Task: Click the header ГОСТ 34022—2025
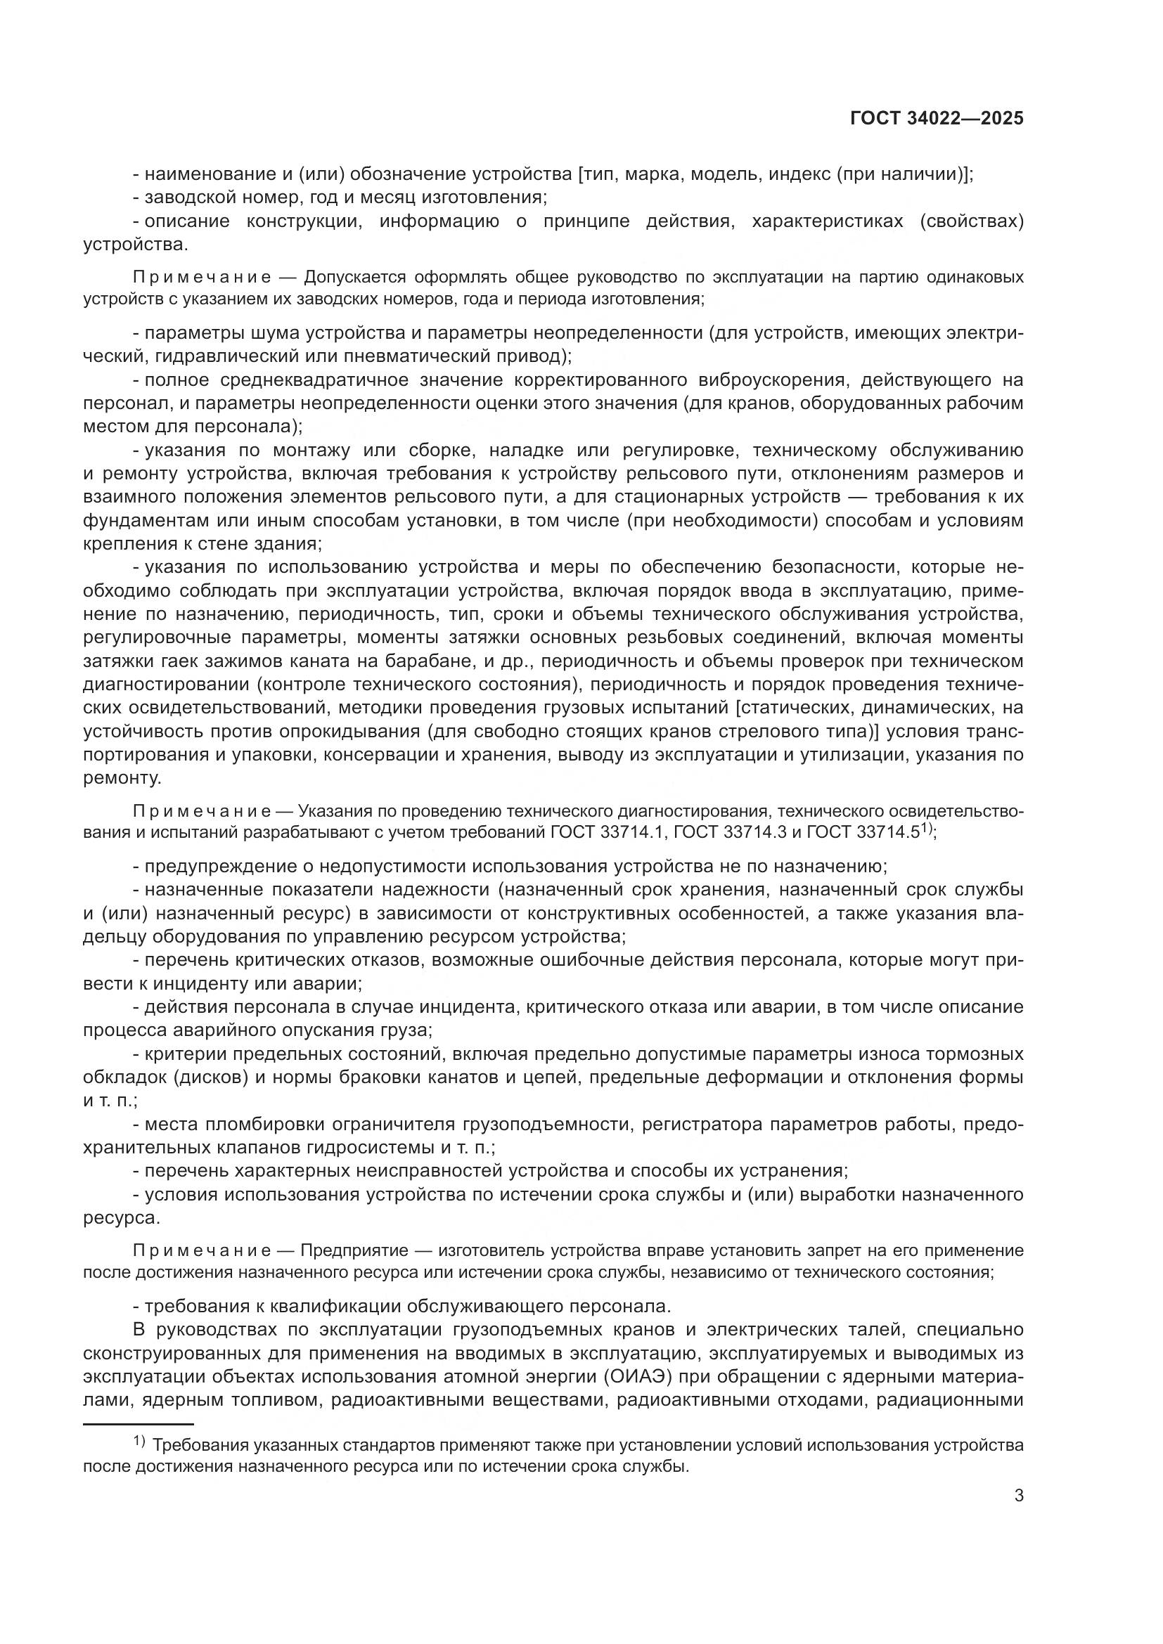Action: [937, 119]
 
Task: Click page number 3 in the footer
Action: [1018, 1496]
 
